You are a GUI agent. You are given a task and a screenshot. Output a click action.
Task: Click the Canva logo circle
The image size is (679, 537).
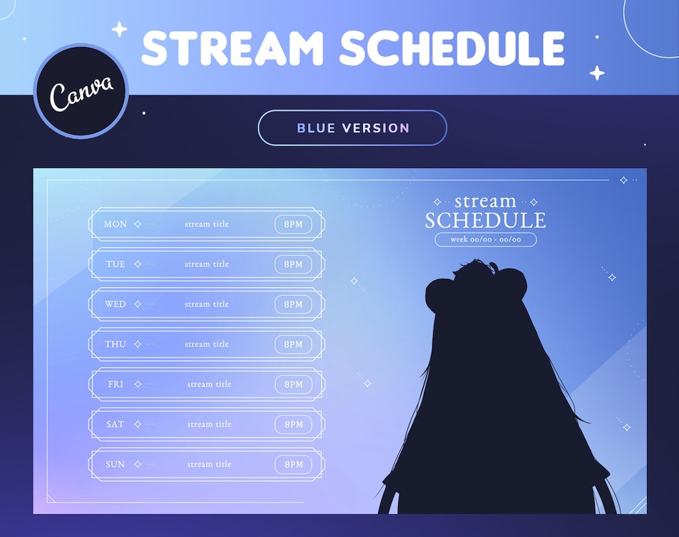click(81, 91)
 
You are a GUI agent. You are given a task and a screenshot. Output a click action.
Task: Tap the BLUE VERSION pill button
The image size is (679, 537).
click(352, 128)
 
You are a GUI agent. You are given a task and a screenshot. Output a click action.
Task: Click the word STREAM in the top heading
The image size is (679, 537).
click(233, 47)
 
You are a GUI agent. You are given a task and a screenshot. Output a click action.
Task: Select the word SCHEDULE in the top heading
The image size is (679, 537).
click(453, 47)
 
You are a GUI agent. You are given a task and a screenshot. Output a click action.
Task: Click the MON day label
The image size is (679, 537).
click(115, 224)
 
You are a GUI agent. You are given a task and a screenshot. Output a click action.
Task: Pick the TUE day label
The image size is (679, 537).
click(116, 264)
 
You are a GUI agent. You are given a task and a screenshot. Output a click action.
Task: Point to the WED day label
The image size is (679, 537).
click(115, 304)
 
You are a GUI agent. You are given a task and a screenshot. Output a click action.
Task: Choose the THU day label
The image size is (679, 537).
click(115, 344)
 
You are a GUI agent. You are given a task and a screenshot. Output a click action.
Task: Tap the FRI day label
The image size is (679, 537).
click(116, 384)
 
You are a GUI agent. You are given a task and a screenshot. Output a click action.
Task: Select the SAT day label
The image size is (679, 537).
click(115, 424)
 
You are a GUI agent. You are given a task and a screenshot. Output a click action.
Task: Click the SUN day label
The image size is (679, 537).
click(115, 465)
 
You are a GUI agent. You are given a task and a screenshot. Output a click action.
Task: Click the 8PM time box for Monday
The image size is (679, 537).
click(293, 224)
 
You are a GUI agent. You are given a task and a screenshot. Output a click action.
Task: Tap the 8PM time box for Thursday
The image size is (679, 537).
click(293, 344)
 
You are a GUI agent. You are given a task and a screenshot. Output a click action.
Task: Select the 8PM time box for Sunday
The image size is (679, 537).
click(293, 465)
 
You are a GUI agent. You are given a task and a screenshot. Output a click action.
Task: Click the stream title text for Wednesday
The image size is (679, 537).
click(207, 304)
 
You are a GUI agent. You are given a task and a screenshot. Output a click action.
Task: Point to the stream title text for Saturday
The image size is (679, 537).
click(209, 424)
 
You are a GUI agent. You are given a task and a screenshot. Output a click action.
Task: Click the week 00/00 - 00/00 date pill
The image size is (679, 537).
click(485, 239)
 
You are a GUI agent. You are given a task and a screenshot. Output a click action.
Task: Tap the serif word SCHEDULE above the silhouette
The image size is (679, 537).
click(485, 220)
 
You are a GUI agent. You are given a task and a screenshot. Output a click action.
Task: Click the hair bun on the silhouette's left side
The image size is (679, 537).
click(439, 293)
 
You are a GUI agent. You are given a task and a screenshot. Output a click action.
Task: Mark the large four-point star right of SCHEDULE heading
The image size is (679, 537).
click(597, 73)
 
